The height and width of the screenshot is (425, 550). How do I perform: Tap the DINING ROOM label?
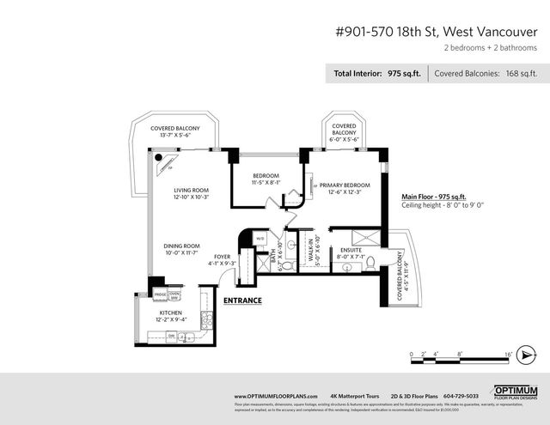(181, 246)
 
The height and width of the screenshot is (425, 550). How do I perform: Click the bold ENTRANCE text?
(242, 301)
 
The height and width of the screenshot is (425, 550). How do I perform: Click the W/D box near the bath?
(260, 239)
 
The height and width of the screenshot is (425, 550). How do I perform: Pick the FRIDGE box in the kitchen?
(160, 294)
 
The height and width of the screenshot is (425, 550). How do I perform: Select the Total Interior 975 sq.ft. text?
(377, 74)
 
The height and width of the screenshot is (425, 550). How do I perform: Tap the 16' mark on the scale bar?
(509, 353)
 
